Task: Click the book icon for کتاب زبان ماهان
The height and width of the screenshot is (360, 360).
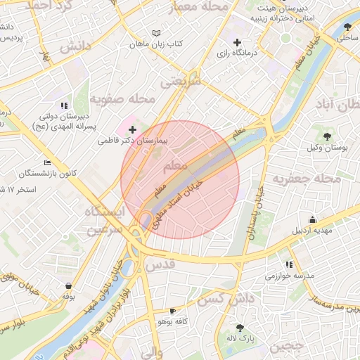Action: coord(157,32)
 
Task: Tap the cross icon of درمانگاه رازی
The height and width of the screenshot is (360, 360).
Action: coord(238,42)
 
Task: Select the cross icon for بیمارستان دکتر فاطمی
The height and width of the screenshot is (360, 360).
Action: coord(133,129)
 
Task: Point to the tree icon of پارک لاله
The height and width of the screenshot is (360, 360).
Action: coord(241,327)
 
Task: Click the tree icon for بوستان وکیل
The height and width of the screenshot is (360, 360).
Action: coord(328,136)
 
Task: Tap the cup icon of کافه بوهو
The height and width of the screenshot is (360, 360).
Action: coord(173,310)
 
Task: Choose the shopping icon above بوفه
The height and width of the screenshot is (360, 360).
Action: coord(68,285)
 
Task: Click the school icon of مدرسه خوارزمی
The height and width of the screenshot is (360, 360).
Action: coord(289,264)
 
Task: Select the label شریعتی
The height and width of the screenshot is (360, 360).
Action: coord(181,81)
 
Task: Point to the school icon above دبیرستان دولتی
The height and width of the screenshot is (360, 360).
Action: coord(65,105)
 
